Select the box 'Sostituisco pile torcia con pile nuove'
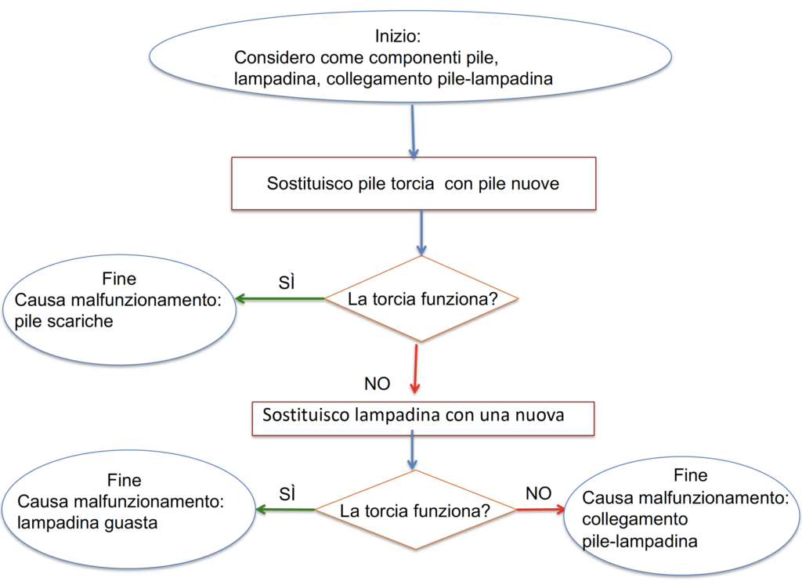414,184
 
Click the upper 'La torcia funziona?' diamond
421,299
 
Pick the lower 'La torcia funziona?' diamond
415,511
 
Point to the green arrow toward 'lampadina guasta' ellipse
285,510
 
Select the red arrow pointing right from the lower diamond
540,510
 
